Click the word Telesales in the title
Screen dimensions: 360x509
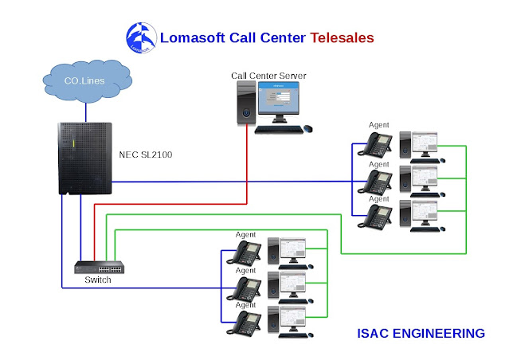pos(342,37)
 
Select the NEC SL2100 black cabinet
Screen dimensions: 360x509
pos(84,158)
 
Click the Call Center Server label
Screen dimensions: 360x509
pos(268,76)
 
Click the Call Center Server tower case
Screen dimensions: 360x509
pos(246,104)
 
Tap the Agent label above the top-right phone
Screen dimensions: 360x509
pos(379,125)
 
